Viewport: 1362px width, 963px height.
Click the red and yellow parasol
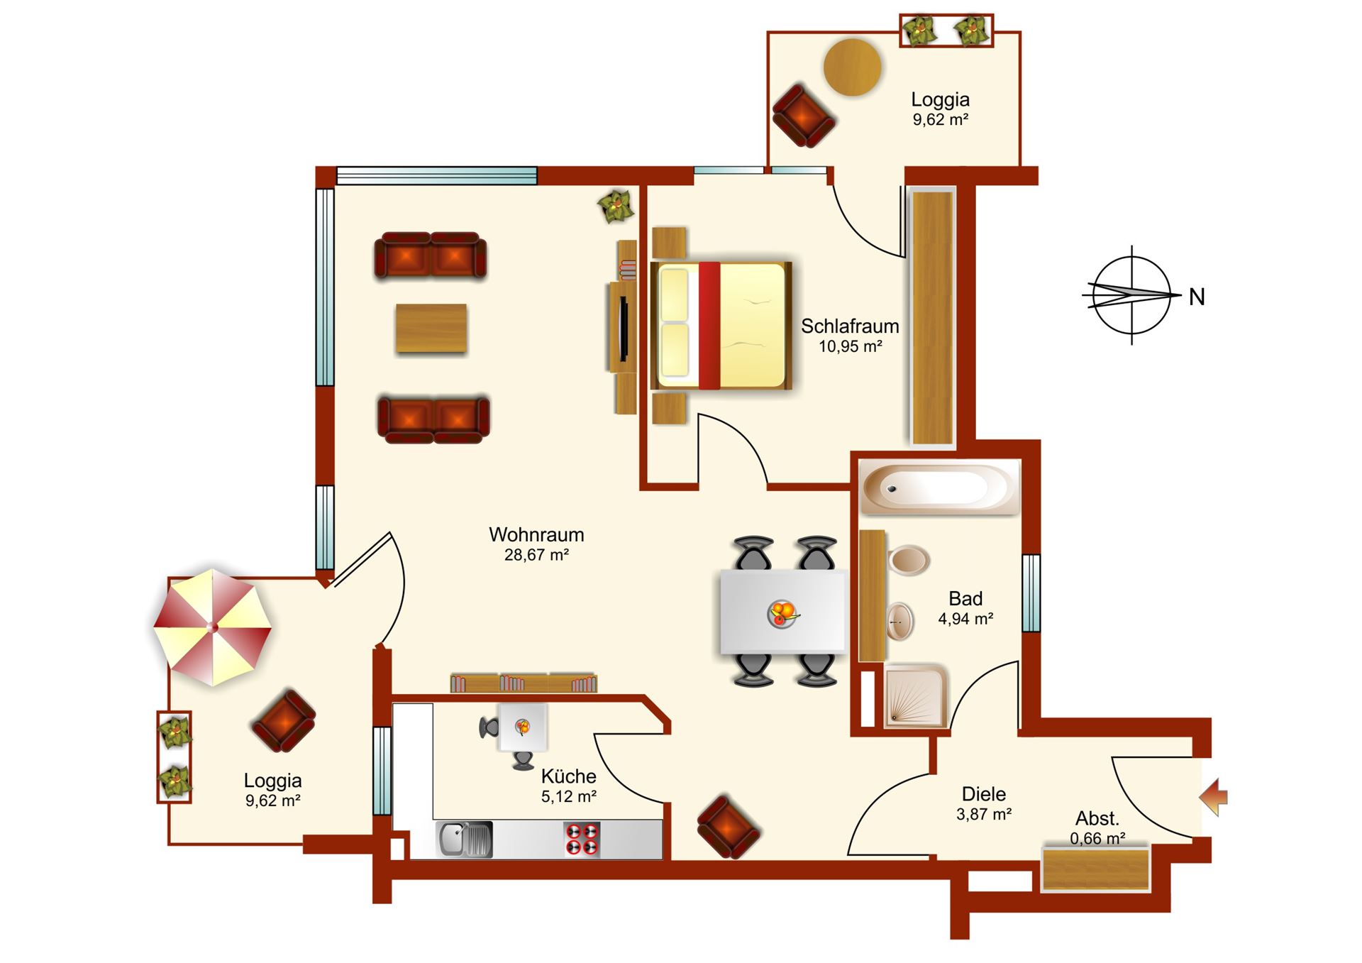(x=213, y=627)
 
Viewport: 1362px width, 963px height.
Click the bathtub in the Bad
(x=940, y=488)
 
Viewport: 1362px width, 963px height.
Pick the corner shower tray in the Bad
(x=916, y=696)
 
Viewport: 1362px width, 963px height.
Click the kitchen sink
(x=465, y=839)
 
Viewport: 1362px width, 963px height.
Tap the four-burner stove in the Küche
(x=582, y=839)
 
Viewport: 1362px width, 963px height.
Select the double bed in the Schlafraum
(x=721, y=326)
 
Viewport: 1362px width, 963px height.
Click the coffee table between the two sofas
(x=431, y=328)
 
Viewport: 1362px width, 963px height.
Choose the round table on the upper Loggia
(x=853, y=67)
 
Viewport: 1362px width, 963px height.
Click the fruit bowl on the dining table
(x=782, y=612)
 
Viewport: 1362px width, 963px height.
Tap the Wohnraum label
(x=536, y=534)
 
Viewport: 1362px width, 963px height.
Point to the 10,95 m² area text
(x=851, y=346)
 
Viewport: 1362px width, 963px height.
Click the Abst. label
(x=1097, y=818)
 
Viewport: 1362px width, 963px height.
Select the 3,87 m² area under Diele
(x=984, y=814)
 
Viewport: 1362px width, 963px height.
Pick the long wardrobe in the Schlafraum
(x=932, y=317)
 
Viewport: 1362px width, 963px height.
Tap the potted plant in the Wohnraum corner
(x=616, y=207)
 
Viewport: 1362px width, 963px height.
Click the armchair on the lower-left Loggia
(x=284, y=720)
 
